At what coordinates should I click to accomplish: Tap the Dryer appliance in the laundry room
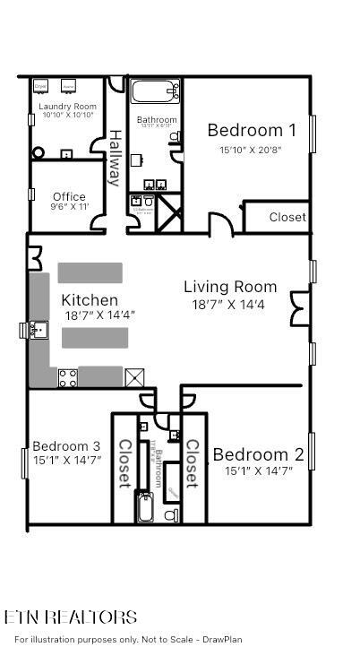click(41, 87)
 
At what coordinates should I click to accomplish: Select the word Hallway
click(115, 158)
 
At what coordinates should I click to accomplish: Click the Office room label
click(69, 197)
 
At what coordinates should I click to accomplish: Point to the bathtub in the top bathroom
click(156, 92)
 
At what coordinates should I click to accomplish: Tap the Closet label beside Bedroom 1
click(287, 217)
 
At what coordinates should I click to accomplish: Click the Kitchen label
click(89, 300)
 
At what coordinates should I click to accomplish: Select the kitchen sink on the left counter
click(38, 330)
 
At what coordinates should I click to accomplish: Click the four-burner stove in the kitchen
click(67, 377)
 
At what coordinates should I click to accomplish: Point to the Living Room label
click(230, 287)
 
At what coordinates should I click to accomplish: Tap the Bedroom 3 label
click(66, 446)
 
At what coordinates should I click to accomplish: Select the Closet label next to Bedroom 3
click(124, 462)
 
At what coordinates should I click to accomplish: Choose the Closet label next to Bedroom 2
click(191, 462)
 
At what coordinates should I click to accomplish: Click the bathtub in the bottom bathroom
click(145, 508)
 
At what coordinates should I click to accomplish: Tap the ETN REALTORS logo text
click(71, 617)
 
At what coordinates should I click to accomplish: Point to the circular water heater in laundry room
click(39, 152)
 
